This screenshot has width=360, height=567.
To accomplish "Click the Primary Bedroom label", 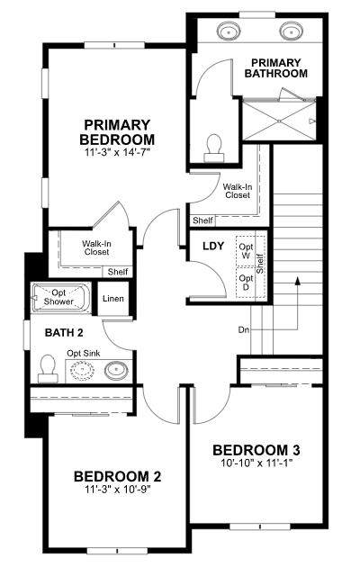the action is point(117,132).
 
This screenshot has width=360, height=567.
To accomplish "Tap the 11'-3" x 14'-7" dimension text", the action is point(117,153).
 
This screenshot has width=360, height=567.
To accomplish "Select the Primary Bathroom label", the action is point(275,68).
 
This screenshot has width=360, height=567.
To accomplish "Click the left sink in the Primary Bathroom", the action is point(229,31).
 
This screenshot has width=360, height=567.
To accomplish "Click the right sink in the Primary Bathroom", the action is point(291,31).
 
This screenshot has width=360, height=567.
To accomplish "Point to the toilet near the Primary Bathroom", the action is point(214,148).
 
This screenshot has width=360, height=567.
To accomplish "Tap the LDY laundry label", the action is point(213,247).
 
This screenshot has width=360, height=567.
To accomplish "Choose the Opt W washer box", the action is point(246,251).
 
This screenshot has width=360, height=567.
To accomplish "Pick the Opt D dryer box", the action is point(246,283).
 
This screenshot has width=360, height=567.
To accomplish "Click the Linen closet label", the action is point(113,299).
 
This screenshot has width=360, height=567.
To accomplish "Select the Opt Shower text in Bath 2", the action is point(58,297).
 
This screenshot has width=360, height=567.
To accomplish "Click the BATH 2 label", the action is point(64,333).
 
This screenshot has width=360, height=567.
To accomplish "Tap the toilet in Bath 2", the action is point(48,368).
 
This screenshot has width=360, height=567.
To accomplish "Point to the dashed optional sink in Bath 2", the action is point(82,370).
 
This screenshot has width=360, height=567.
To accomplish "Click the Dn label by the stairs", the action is point(243,329).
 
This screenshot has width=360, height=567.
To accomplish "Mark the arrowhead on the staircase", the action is point(298,282).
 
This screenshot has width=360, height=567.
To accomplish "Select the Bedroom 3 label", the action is point(256,450).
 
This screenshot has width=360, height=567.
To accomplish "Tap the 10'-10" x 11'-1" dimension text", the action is point(256,463).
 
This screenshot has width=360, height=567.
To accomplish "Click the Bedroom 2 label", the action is point(118,476).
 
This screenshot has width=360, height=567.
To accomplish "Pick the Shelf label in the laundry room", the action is point(260,264).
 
